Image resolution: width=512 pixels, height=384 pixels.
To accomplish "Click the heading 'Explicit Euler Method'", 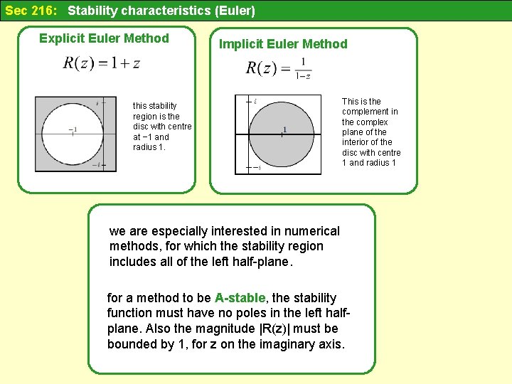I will coord(104,38).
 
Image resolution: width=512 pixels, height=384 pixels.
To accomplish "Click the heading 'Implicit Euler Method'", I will coord(283,44).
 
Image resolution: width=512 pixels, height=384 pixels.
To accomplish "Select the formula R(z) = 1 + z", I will coord(102,63).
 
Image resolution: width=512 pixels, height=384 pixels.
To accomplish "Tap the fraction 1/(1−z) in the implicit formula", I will coord(303,69).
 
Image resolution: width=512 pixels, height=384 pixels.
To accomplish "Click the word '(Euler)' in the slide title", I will coord(233,11).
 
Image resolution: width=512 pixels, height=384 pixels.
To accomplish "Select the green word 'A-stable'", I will coord(240,298).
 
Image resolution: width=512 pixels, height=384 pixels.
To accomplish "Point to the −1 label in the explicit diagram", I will coord(73,130).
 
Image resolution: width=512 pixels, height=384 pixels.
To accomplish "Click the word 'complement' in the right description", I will coord(369,112).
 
